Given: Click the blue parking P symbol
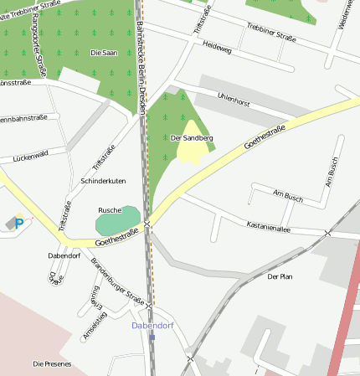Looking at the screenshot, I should [x=19, y=224].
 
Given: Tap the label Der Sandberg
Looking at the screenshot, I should [x=192, y=137].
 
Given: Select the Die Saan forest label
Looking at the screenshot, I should [x=103, y=53].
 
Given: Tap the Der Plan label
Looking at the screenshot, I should [x=280, y=276].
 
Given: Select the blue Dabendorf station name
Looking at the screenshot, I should [x=152, y=325].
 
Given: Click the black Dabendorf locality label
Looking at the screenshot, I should [x=64, y=255].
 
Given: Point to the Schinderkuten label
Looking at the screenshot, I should [x=103, y=181].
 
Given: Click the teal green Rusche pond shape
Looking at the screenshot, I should [x=118, y=222].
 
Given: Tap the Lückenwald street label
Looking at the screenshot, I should [x=30, y=154].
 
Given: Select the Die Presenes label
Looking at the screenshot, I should [x=52, y=364].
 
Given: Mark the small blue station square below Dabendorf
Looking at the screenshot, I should [x=152, y=337].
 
